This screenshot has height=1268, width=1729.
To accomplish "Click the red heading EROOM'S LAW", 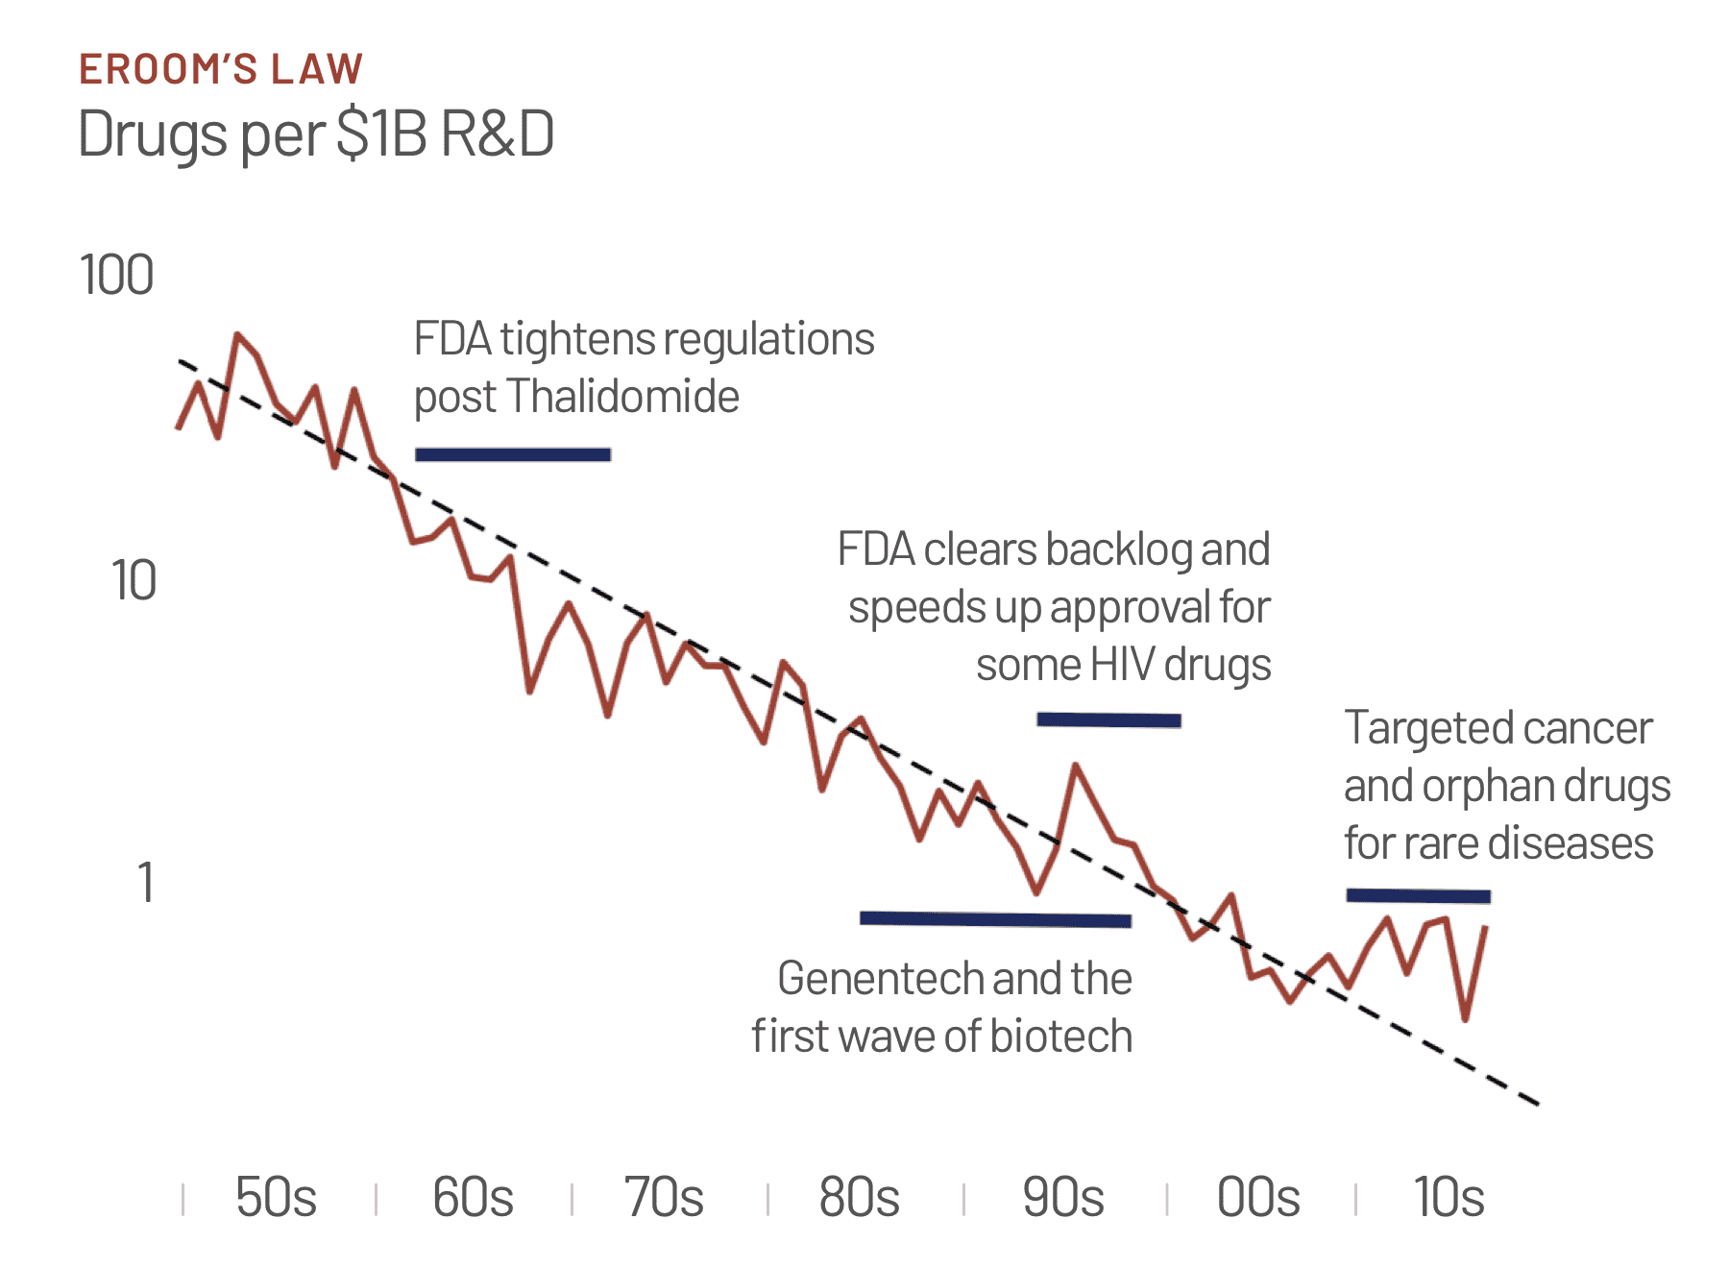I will [x=221, y=69].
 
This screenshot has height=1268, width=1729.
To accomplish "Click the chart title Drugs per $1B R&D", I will [x=316, y=134].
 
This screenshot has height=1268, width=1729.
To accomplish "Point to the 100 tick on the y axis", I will [x=116, y=276].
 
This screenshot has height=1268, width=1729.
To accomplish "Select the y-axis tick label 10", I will [x=133, y=581].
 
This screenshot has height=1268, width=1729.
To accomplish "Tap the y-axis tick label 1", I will [x=145, y=883].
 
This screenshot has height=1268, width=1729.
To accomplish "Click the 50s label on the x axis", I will [x=276, y=1198].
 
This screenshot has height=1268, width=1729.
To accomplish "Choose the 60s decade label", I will [x=473, y=1198].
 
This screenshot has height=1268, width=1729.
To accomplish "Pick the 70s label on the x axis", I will [x=664, y=1198].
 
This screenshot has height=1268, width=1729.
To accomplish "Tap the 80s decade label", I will [x=859, y=1198].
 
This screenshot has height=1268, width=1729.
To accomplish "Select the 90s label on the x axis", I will [x=1062, y=1198].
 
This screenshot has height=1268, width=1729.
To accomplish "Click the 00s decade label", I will [x=1258, y=1198].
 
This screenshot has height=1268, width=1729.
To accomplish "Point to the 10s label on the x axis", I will [x=1449, y=1198].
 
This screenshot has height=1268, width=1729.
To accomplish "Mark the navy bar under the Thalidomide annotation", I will [x=513, y=454].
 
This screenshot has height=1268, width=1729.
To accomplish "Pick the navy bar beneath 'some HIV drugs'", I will [x=1108, y=719].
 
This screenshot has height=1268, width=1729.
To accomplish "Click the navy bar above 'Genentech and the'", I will [x=995, y=919].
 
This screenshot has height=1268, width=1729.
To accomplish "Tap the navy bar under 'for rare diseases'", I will [x=1418, y=896].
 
